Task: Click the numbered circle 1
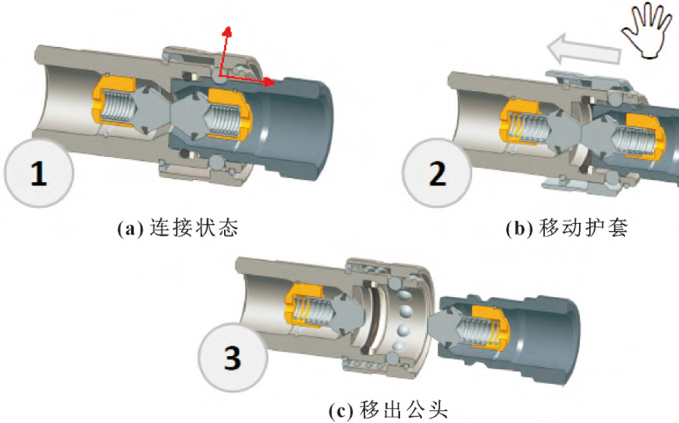point(38,173)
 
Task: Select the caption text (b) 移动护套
point(565,228)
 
